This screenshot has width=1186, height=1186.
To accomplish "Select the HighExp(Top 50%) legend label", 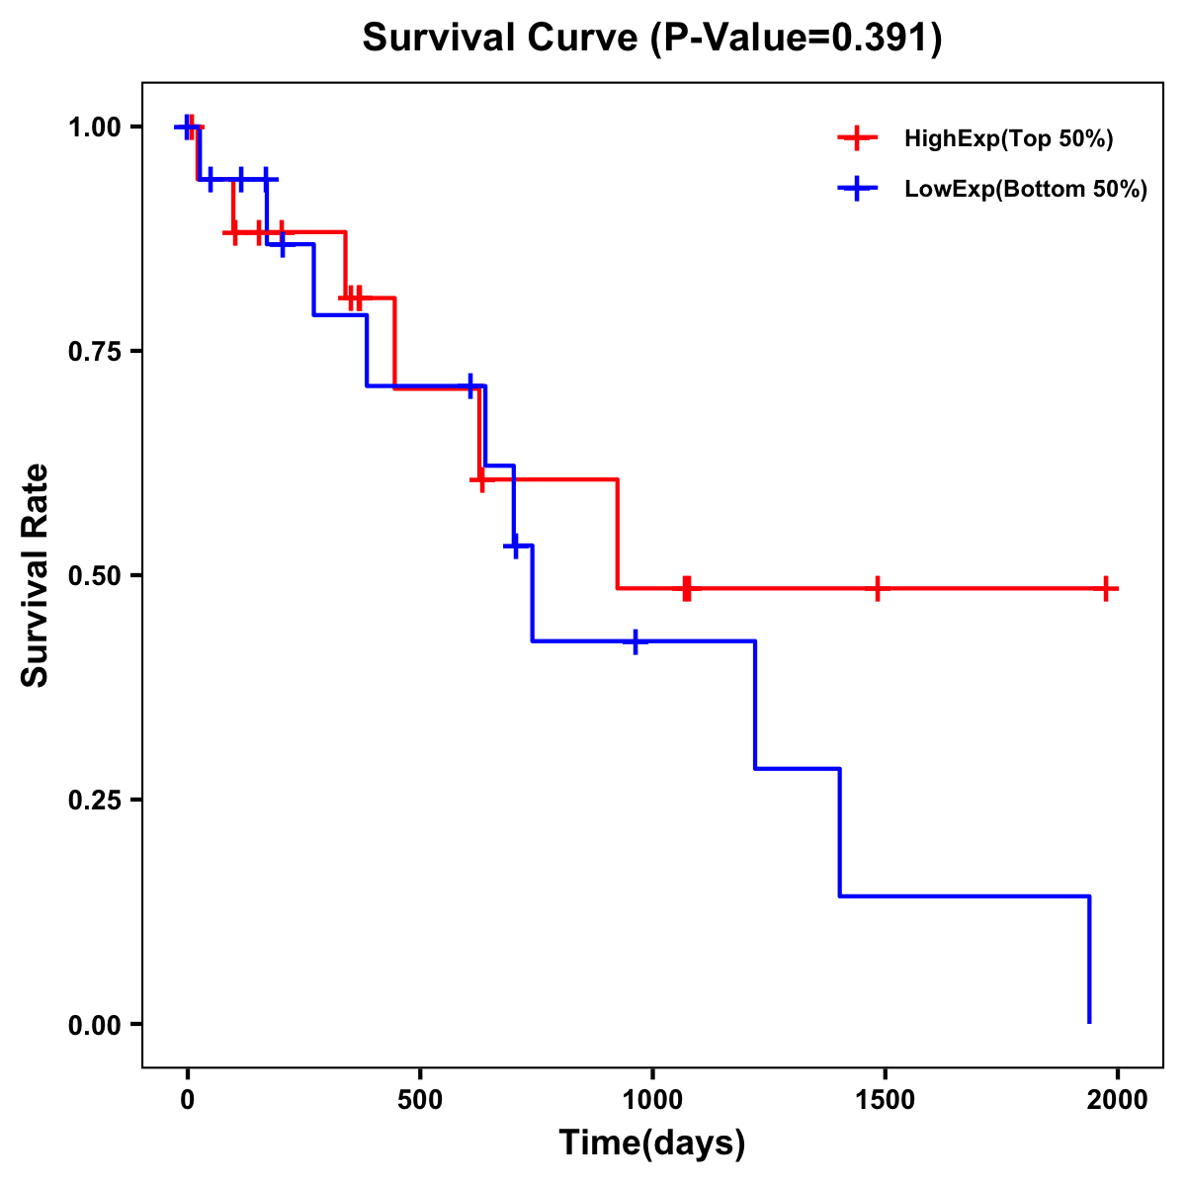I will (x=1008, y=139).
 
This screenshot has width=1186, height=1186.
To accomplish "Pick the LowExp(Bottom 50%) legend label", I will (x=1026, y=190).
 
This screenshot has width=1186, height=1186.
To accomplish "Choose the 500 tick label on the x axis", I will (x=420, y=1101).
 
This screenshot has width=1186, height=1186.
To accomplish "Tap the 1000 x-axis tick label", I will (x=652, y=1101).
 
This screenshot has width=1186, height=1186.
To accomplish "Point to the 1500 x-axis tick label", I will (x=885, y=1101).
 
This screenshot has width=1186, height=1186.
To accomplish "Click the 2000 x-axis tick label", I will (x=1118, y=1101).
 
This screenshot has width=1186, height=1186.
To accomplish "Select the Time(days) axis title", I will (x=652, y=1144).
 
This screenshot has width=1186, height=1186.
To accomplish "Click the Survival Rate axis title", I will (x=36, y=575).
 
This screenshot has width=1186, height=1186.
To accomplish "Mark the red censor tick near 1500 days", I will (x=876, y=588).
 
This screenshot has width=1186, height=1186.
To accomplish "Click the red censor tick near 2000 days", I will (x=1107, y=588).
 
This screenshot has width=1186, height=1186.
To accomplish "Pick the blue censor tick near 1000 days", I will (x=635, y=641).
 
